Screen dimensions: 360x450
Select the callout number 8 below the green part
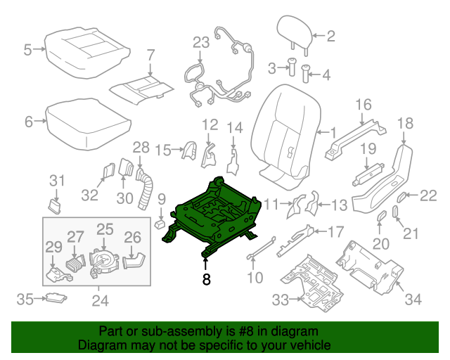(x=206, y=279)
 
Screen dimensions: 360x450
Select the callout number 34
(x=413, y=301)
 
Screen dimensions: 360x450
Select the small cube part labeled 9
(x=160, y=225)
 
